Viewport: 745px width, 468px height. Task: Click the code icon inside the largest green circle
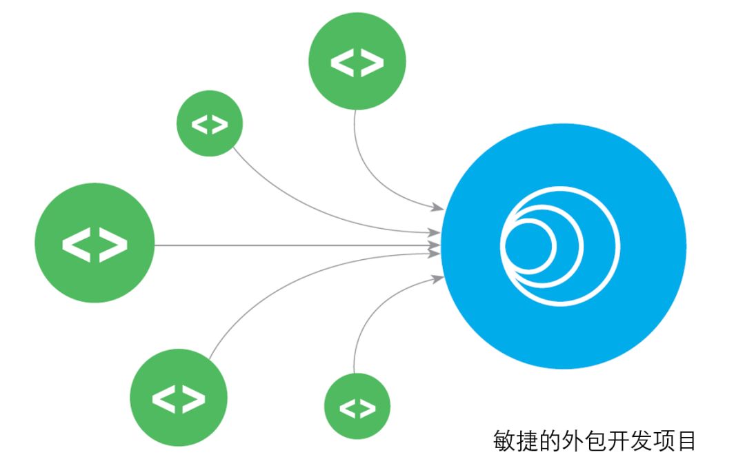pyautogui.click(x=95, y=244)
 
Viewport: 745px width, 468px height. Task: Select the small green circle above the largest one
pyautogui.click(x=210, y=124)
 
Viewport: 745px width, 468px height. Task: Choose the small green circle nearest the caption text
pyautogui.click(x=357, y=407)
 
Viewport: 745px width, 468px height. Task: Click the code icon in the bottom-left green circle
pyautogui.click(x=179, y=398)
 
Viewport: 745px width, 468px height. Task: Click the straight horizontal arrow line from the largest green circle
pyautogui.click(x=290, y=245)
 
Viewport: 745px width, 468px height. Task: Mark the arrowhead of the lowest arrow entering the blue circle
pyautogui.click(x=437, y=278)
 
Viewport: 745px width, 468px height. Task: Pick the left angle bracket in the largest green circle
pyautogui.click(x=77, y=245)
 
